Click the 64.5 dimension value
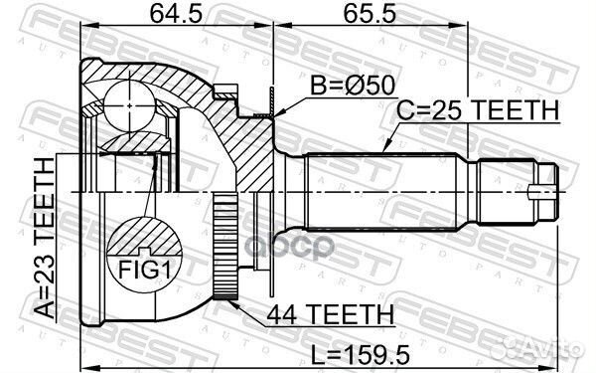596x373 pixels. click(176, 14)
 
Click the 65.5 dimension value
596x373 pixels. click(370, 14)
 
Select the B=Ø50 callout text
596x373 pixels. click(353, 86)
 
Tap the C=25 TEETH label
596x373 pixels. click(478, 110)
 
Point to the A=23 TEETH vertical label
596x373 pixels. click(44, 238)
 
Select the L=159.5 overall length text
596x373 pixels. click(360, 355)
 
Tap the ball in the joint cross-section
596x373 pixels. click(129, 105)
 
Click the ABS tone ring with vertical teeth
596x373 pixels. click(225, 246)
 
